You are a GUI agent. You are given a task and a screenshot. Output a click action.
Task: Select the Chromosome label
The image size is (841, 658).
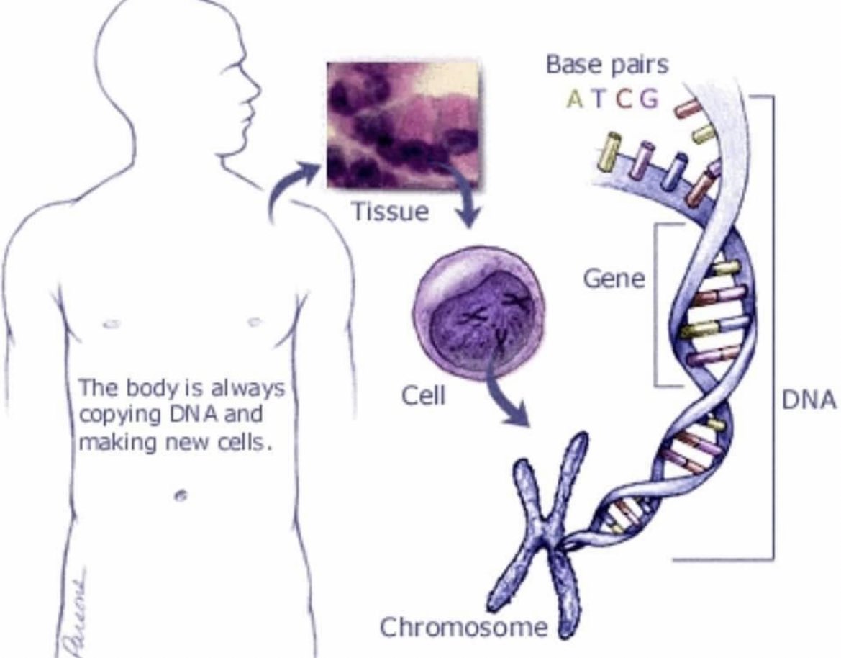point(463,626)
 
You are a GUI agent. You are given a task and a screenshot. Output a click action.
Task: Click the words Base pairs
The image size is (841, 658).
point(607,65)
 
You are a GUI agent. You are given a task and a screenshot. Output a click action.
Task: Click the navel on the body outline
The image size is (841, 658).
point(180,495)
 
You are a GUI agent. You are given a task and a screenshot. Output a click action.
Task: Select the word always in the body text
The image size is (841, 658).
point(249,389)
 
